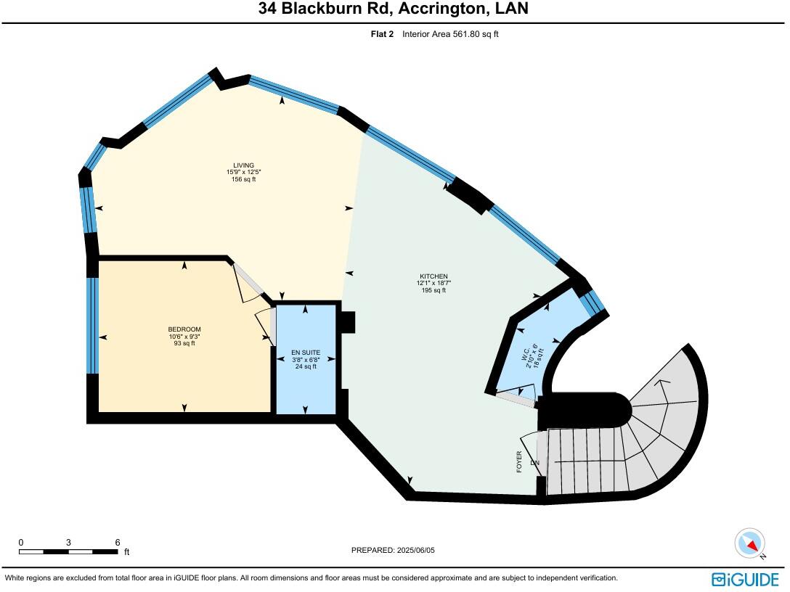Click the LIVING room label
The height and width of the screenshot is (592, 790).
pyautogui.click(x=243, y=165)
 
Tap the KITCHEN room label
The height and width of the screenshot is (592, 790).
pyautogui.click(x=433, y=276)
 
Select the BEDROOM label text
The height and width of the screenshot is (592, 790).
pyautogui.click(x=184, y=330)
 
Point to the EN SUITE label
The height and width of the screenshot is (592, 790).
pyautogui.click(x=306, y=353)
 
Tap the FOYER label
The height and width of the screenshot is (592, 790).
pyautogui.click(x=519, y=462)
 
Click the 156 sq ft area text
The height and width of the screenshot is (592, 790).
pyautogui.click(x=243, y=179)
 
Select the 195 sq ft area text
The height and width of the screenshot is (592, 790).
pyautogui.click(x=433, y=290)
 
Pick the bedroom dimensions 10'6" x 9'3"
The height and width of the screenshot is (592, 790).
pyautogui.click(x=184, y=337)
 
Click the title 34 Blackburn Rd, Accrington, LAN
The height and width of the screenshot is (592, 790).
pyautogui.click(x=394, y=9)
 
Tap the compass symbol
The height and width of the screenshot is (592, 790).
pyautogui.click(x=750, y=543)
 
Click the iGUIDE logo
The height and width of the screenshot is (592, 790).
pyautogui.click(x=745, y=579)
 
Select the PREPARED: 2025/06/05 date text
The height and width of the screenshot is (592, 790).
pyautogui.click(x=393, y=550)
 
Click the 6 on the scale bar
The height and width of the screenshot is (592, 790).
pyautogui.click(x=118, y=542)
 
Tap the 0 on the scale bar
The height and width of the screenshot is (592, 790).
pyautogui.click(x=21, y=542)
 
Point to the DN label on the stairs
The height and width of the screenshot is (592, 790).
pyautogui.click(x=535, y=462)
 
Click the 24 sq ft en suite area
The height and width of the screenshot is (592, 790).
pyautogui.click(x=306, y=366)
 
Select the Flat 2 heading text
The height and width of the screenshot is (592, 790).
pyautogui.click(x=382, y=34)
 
